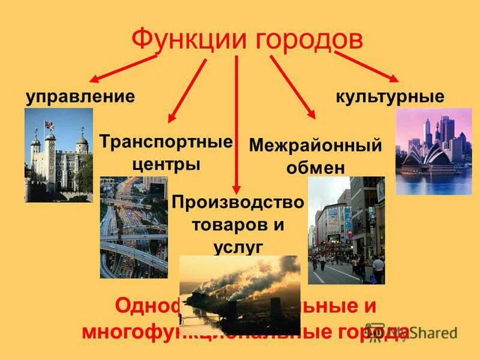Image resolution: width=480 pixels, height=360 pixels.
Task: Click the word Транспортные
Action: [166, 143]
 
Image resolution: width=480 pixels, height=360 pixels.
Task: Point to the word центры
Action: [166, 164]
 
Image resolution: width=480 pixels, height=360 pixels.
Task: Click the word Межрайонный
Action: [315, 146]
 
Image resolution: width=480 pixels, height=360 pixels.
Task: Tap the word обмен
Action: [315, 167]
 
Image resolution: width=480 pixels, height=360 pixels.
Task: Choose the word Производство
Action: [238, 202]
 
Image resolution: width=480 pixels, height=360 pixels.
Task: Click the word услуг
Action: [238, 246]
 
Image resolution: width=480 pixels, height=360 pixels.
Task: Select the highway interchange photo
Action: [134, 228]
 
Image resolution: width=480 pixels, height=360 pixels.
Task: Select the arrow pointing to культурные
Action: [367, 65]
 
